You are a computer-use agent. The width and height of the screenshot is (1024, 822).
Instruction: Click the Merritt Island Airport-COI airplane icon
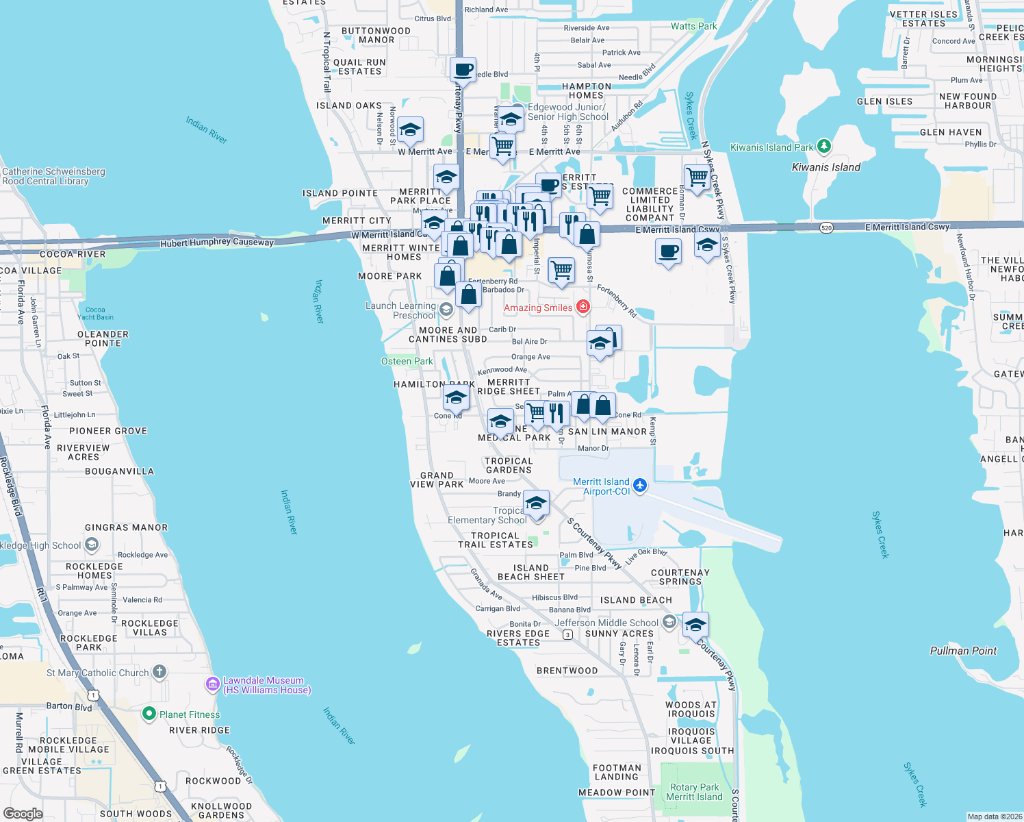coord(640,486)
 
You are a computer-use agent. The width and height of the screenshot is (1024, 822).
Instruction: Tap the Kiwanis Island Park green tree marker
coord(824,147)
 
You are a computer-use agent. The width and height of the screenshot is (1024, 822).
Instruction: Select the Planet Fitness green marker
coord(149,714)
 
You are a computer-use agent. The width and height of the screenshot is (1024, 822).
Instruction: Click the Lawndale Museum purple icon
coord(213,684)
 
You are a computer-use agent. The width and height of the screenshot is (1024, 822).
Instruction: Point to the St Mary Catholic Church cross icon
coord(159,672)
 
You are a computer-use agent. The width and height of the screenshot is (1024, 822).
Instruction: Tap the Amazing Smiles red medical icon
coord(583,307)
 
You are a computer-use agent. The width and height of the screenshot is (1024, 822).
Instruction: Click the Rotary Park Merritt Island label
coord(694,793)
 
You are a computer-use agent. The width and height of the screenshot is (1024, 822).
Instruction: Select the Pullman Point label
coord(963,651)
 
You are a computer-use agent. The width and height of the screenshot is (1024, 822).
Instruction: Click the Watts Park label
coord(693,27)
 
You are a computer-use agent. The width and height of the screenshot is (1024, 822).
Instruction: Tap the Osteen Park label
coord(407,361)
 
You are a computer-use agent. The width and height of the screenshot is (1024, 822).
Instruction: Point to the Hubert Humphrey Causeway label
coord(217,242)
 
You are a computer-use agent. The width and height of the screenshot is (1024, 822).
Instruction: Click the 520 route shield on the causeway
coord(826,227)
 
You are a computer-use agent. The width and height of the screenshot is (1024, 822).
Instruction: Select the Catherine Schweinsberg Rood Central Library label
coord(53,177)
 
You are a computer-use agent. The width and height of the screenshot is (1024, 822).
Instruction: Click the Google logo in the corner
coord(23,814)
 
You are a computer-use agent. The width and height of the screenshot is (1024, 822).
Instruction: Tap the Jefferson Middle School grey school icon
coord(669,622)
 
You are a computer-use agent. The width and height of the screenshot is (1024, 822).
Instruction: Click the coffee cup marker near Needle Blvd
coord(463,70)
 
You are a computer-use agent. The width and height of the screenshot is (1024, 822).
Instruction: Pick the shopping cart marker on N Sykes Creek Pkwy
coord(697,177)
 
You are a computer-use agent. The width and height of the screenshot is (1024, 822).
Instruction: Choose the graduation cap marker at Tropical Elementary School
coord(536,503)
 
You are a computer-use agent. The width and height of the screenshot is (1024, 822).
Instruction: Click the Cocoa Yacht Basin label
coord(95,314)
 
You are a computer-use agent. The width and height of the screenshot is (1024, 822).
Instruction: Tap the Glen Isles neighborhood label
coord(884,101)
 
